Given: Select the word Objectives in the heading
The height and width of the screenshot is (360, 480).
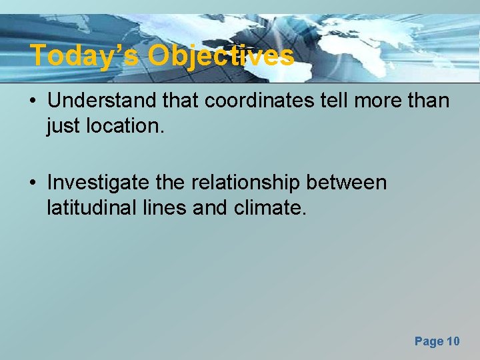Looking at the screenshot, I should click(221, 56).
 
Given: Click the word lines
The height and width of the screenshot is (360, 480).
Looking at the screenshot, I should click(164, 209).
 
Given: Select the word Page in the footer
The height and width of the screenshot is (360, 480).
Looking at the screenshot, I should click(429, 341).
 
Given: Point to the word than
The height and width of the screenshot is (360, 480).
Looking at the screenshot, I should click(427, 101).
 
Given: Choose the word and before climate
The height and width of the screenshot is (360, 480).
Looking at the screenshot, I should click(211, 209).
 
